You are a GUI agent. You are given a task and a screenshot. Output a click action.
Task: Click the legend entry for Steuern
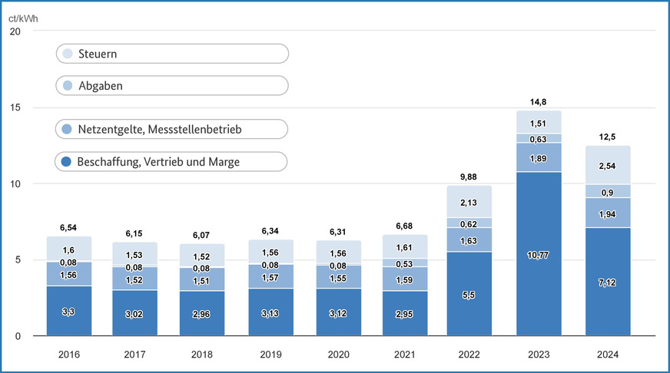point(172,54)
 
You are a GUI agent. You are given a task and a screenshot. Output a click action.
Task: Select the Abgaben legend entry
point(172,85)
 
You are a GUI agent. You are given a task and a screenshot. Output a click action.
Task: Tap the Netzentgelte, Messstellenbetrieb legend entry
point(172,130)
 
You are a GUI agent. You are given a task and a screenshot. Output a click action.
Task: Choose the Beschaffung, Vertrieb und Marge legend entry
point(172,161)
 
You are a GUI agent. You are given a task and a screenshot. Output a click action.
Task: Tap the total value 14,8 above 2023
point(539,101)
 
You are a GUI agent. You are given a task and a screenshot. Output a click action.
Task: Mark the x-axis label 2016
point(69,355)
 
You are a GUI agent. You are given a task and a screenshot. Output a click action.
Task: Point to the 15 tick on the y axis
point(16,107)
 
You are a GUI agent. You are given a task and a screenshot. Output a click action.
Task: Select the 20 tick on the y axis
point(16,31)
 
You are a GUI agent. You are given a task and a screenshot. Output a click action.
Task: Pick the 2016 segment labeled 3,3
point(69,311)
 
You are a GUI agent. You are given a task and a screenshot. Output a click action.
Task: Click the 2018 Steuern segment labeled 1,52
point(203,256)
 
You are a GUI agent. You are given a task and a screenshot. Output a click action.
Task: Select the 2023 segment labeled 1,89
point(539,157)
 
